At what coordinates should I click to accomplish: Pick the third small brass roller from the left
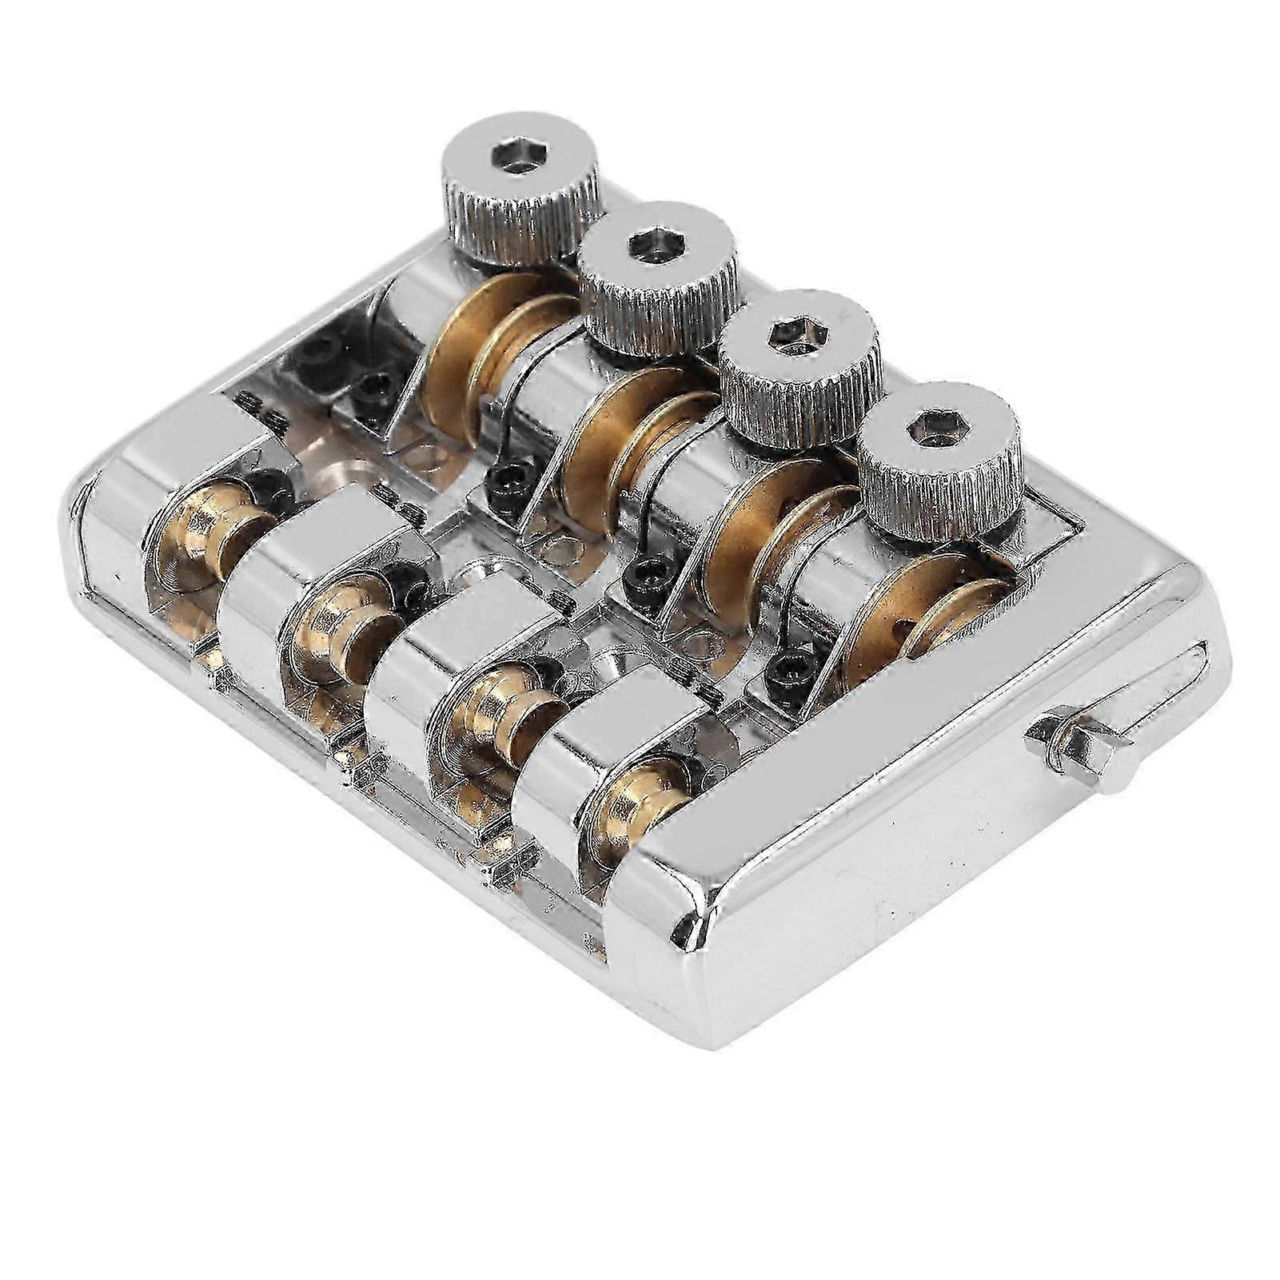(x=488, y=712)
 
